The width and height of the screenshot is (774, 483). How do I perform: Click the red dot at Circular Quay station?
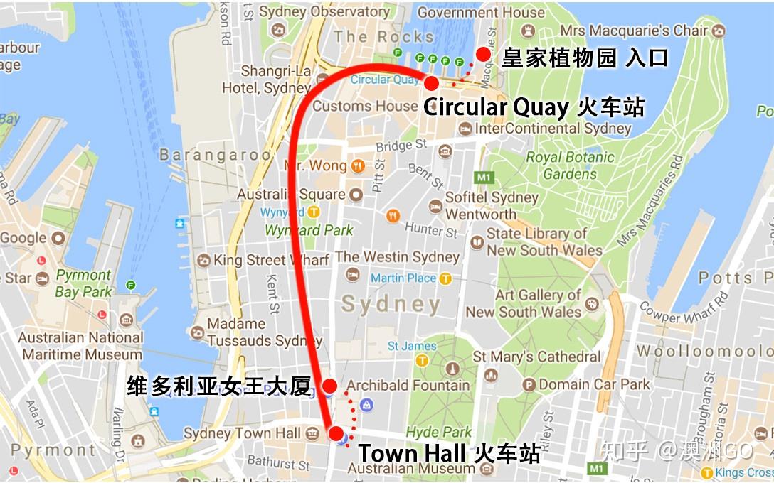point(431,83)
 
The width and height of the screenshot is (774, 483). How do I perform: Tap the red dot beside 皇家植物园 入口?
point(484,54)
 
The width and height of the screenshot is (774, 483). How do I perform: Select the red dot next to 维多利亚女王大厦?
point(330,386)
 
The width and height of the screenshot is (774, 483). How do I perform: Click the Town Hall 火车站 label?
point(448,452)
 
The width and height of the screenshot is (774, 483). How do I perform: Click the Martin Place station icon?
point(446,278)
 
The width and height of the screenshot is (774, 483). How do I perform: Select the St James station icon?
point(422,360)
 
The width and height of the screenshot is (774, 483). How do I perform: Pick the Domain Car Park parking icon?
point(528,384)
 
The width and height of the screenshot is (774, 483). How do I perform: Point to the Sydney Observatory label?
point(324,12)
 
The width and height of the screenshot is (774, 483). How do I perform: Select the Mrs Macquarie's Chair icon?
point(719,31)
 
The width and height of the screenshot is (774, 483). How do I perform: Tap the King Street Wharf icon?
point(204,260)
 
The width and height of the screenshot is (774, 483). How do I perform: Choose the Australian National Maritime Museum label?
point(80,346)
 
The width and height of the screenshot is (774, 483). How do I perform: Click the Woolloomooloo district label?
point(704,351)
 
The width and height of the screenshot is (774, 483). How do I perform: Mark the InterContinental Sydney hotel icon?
point(465,129)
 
